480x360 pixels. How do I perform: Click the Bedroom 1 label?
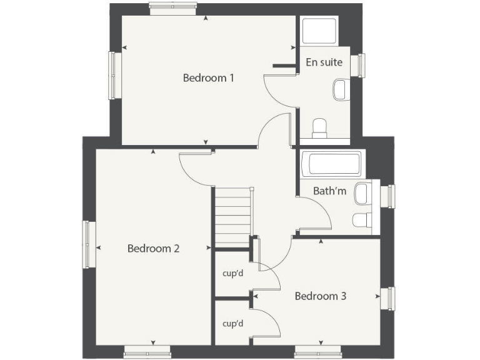(208, 78)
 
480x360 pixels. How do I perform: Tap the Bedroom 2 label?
(153, 248)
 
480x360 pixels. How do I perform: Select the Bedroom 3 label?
(320, 296)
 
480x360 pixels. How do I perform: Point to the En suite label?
(324, 62)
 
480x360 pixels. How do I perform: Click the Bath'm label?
(330, 191)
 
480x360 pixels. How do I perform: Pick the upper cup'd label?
(232, 273)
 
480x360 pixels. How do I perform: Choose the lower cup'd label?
(232, 323)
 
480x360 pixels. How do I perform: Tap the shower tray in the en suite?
(319, 31)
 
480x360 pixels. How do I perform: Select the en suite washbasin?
(341, 89)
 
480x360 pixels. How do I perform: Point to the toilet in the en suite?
(320, 128)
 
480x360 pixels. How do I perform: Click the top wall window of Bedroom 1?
(173, 8)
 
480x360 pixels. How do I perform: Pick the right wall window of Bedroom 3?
(390, 298)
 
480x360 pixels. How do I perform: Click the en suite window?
(360, 66)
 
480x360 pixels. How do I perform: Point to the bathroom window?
(390, 196)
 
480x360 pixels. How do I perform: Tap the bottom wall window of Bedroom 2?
(147, 353)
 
